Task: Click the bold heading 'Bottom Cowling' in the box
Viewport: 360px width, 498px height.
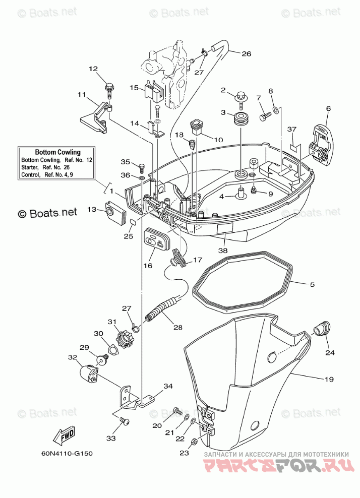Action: coord(57,152)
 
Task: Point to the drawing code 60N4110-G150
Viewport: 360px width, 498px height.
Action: coord(67,453)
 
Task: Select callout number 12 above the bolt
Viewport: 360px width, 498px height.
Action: coord(93,69)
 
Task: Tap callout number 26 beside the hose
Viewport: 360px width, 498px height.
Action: coord(246,53)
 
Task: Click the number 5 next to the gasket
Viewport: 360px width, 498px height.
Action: coord(312,285)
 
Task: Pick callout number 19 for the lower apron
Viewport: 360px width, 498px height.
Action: coord(329,379)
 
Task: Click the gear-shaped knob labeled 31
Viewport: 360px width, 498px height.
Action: coord(124,340)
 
